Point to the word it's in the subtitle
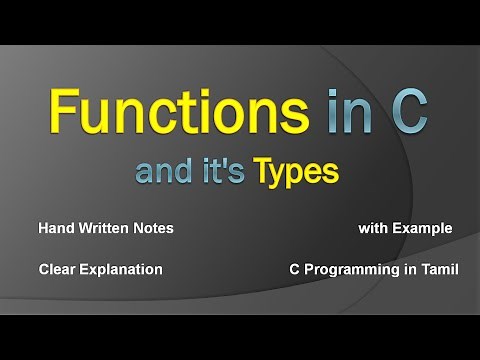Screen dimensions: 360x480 coord(221,172)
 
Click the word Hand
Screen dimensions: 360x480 coord(56,229)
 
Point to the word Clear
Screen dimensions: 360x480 coord(58,269)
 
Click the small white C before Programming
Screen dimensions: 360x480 coord(295,269)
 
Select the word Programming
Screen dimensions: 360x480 coord(348,270)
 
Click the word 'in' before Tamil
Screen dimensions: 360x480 coord(406,269)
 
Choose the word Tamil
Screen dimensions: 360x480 coord(438,269)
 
